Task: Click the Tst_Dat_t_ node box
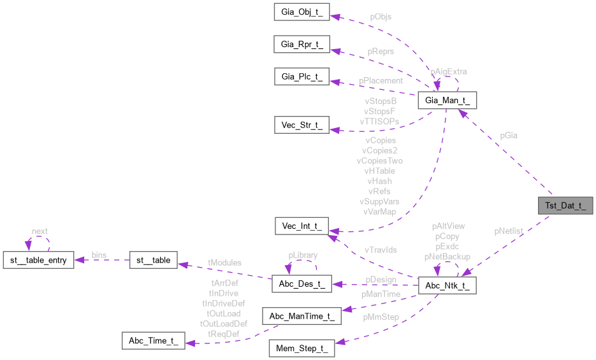point(566,206)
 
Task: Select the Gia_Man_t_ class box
point(447,101)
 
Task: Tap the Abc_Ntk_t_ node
point(447,285)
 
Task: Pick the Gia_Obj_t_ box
point(302,12)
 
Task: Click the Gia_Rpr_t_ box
point(302,45)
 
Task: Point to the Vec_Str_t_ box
point(302,125)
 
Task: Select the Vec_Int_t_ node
point(302,226)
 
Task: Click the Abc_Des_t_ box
point(302,284)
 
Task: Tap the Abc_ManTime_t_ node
point(302,317)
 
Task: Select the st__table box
point(153,259)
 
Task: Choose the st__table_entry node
point(39,259)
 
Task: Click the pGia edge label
point(509,136)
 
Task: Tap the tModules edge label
point(225,263)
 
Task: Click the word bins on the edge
point(99,254)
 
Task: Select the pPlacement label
point(381,81)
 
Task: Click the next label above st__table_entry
point(40,231)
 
